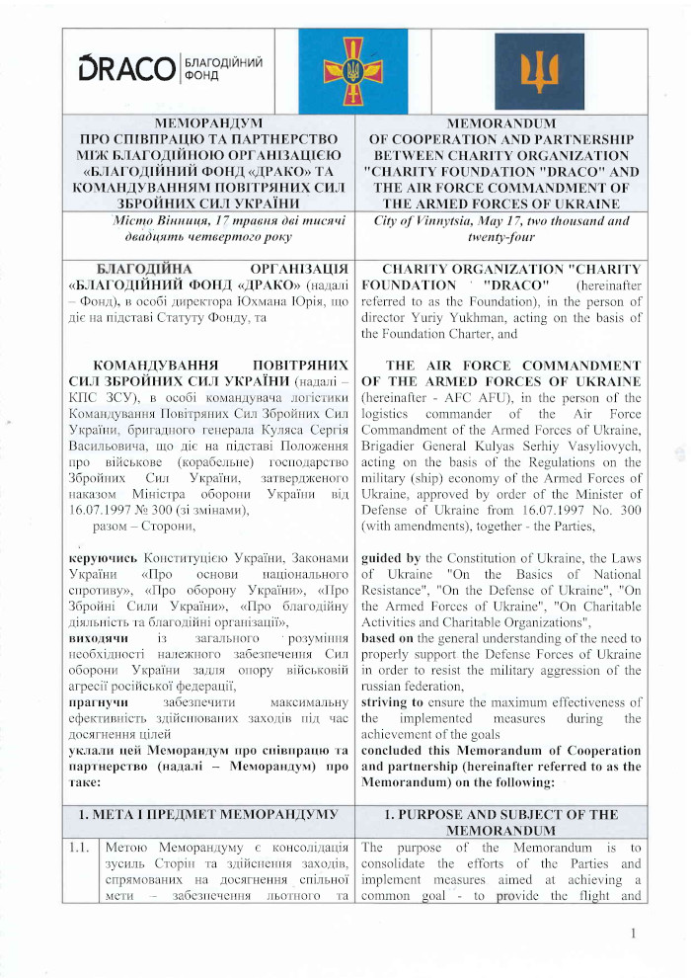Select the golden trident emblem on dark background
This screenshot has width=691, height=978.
pyautogui.click(x=539, y=68)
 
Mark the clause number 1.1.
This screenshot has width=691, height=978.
pyautogui.click(x=79, y=847)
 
